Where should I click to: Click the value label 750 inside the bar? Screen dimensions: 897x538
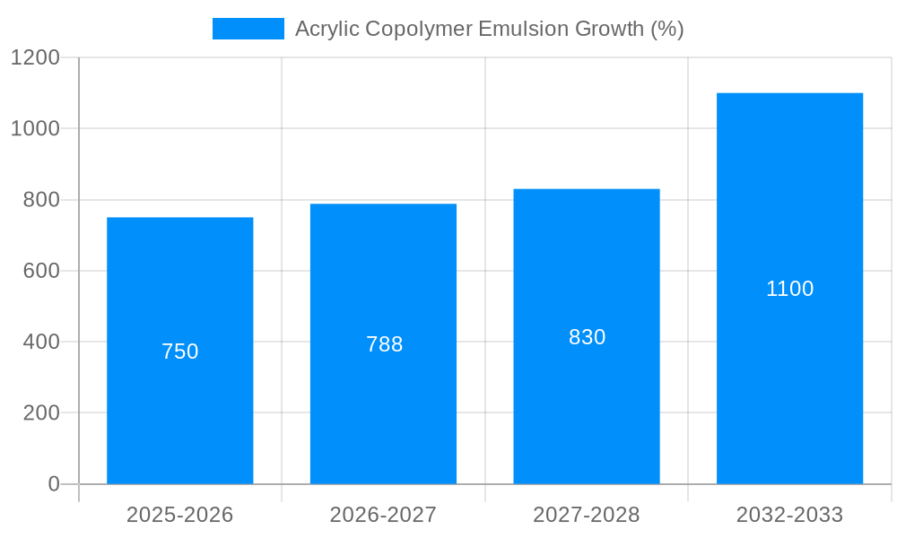179,351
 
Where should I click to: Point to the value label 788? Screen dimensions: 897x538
384,344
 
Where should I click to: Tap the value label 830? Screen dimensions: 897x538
587,337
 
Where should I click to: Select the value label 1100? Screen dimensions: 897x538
789,289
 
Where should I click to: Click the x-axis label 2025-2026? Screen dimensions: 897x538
179,515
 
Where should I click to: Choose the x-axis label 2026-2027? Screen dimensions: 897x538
383,515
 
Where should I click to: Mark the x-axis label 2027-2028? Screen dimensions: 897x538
587,515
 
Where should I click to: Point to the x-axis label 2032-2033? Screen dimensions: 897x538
789,515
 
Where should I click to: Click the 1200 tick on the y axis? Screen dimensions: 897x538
35,57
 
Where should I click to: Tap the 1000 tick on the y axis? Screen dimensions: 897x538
35,128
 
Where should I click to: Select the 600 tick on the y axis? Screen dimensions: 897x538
40,271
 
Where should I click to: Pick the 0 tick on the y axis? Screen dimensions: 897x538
53,484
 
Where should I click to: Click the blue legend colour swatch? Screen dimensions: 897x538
248,29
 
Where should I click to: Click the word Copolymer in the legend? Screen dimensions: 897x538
419,29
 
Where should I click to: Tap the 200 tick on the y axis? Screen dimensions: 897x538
40,413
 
